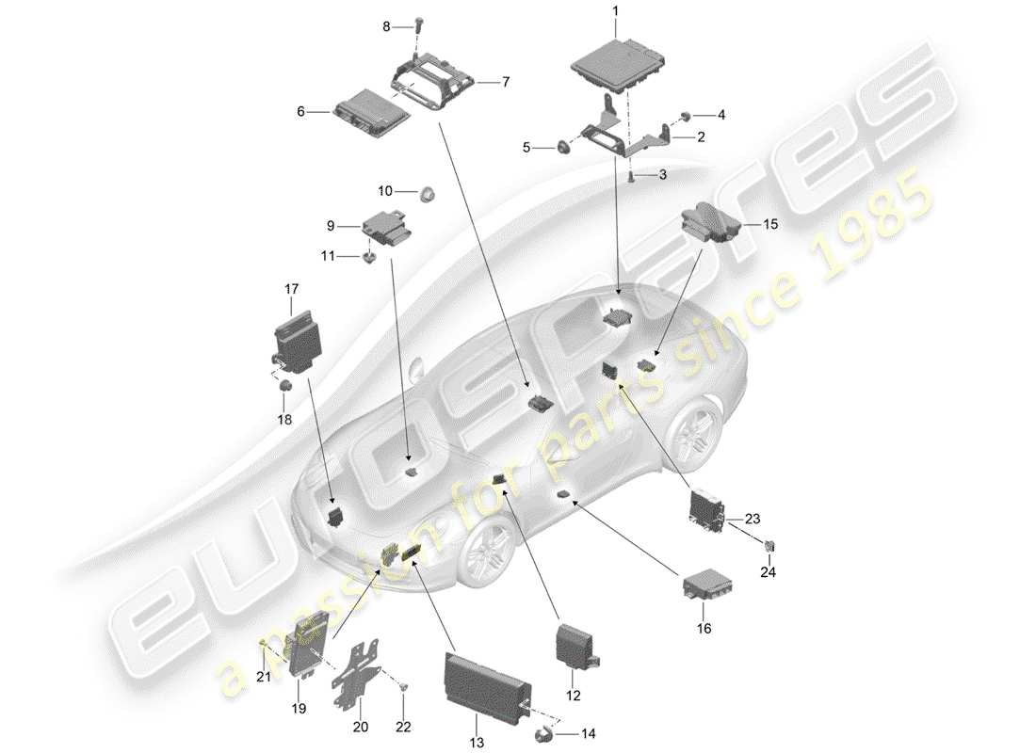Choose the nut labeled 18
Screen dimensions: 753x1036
coord(286,385)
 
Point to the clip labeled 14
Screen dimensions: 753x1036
coord(543,735)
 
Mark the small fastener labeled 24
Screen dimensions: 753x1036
coord(769,544)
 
